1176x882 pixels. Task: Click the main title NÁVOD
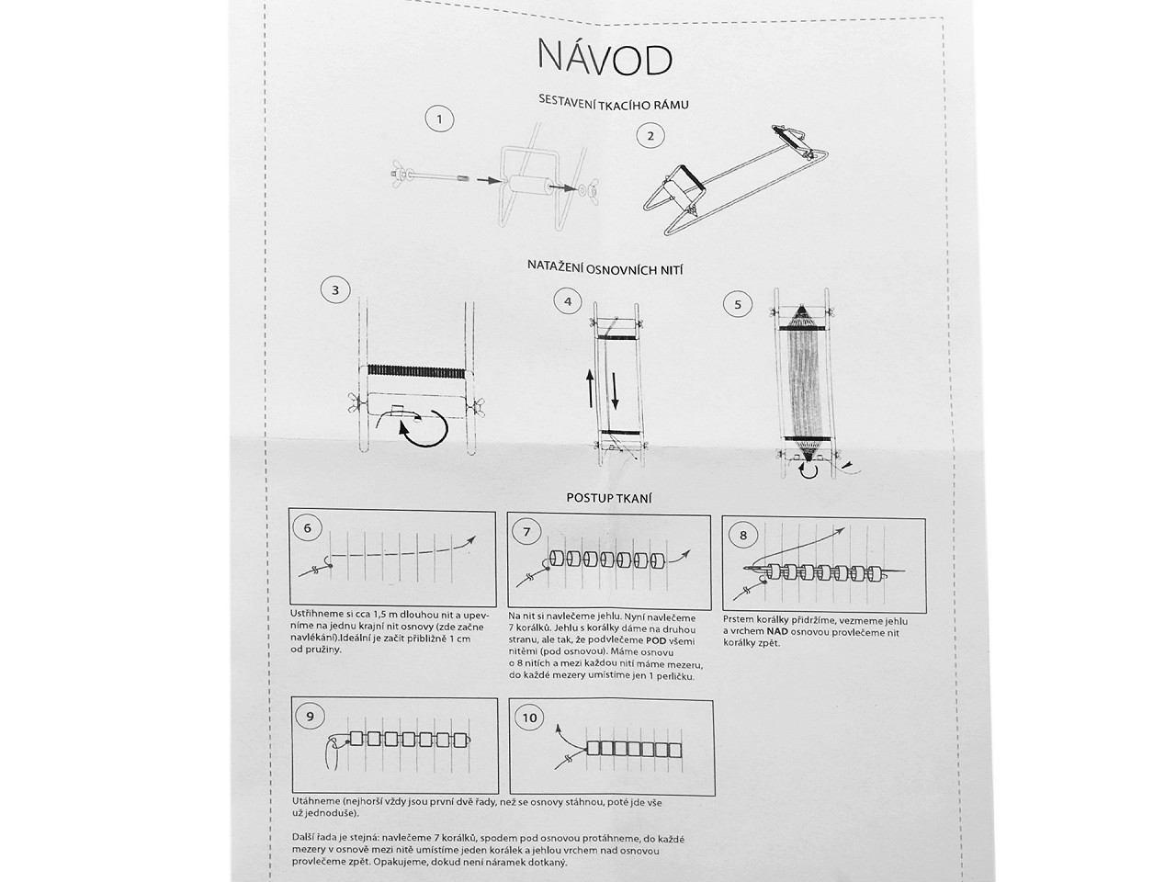(x=605, y=57)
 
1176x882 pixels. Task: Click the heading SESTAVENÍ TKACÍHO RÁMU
(x=614, y=102)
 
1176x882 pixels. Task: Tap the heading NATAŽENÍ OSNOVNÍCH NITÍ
(x=605, y=267)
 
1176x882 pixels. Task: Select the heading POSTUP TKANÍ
(x=608, y=498)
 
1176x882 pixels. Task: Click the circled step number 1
(x=439, y=119)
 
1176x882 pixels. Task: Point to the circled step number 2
(x=650, y=135)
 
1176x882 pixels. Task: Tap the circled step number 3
(x=335, y=290)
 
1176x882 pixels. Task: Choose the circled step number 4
(x=568, y=301)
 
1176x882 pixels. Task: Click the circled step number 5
(x=738, y=305)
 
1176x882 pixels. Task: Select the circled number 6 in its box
(x=307, y=528)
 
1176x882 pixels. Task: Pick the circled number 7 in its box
(x=526, y=532)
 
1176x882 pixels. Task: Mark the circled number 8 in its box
(x=742, y=535)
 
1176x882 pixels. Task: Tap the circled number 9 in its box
(x=311, y=717)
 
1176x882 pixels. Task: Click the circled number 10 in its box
(x=529, y=718)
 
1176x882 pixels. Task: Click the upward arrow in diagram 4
(x=590, y=388)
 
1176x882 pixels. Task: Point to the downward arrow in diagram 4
(x=614, y=390)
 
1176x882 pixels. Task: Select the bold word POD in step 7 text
(x=656, y=641)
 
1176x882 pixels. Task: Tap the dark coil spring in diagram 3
(x=416, y=371)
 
